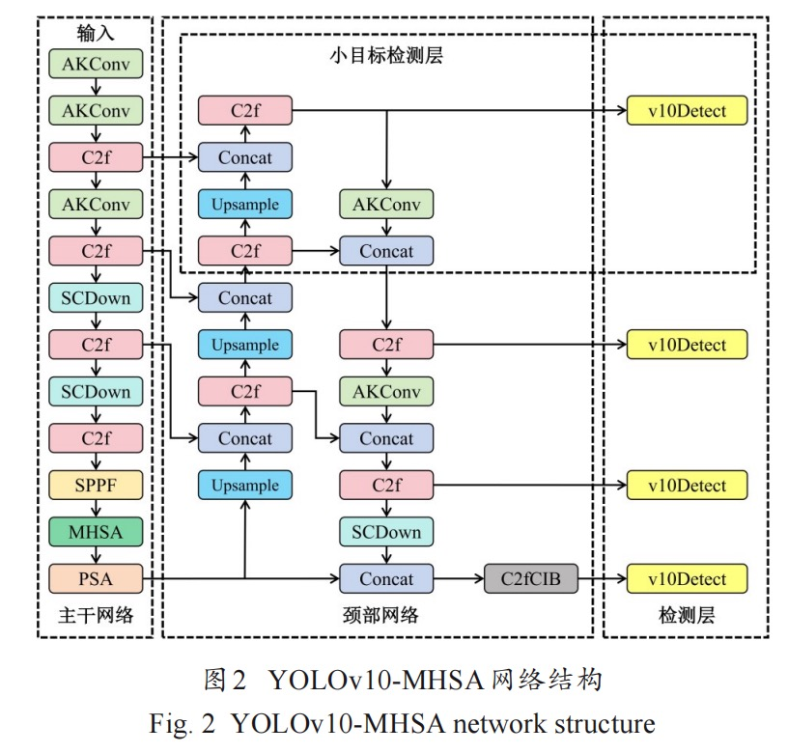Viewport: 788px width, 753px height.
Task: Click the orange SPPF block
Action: pyautogui.click(x=96, y=486)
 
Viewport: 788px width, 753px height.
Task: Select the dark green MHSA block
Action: pyautogui.click(x=96, y=532)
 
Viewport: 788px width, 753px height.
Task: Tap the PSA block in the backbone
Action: pyautogui.click(x=96, y=579)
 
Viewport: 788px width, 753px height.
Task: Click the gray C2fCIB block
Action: pyautogui.click(x=531, y=579)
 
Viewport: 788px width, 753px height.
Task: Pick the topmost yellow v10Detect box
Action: pyautogui.click(x=688, y=110)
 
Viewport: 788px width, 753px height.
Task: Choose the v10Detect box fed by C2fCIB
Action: pyautogui.click(x=688, y=579)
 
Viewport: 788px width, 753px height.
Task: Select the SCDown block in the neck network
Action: pyautogui.click(x=386, y=532)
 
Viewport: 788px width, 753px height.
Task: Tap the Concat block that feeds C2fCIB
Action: pyautogui.click(x=386, y=579)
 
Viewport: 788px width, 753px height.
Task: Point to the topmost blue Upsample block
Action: pyautogui.click(x=245, y=205)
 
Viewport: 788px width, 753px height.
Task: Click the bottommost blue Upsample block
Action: pyautogui.click(x=245, y=486)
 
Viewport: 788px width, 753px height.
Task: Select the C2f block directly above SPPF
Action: pyautogui.click(x=96, y=438)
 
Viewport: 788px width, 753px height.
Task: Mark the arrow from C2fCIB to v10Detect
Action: pyautogui.click(x=602, y=579)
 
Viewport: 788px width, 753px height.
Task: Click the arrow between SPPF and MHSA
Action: pyautogui.click(x=96, y=509)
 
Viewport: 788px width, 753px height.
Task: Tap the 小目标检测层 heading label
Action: pyautogui.click(x=385, y=56)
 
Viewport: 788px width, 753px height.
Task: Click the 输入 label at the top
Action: pyautogui.click(x=96, y=34)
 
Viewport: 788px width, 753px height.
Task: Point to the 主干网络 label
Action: pyautogui.click(x=96, y=615)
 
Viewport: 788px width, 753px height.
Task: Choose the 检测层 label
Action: pyautogui.click(x=687, y=615)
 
